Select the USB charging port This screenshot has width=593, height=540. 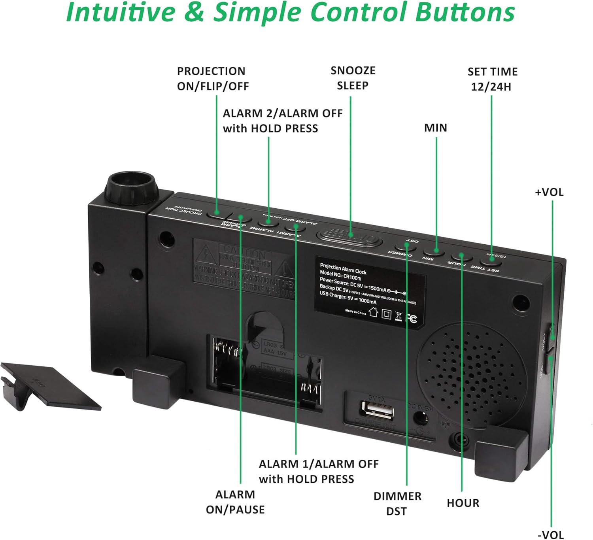pos(378,411)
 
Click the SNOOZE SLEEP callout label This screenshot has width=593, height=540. pos(353,78)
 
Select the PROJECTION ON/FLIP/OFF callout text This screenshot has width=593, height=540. pos(213,79)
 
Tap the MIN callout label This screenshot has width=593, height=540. pos(435,128)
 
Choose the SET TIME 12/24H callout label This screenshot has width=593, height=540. pos(492,79)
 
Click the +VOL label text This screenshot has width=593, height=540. pos(549,192)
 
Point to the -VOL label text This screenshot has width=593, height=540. pos(551,535)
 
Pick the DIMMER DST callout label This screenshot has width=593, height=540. pos(397,503)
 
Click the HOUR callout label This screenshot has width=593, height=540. pos(463,503)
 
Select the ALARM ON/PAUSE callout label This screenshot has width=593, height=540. pos(235,502)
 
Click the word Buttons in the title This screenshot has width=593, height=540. pos(465,13)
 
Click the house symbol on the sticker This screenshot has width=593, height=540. pos(373,312)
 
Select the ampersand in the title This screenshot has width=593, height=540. pos(194,13)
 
